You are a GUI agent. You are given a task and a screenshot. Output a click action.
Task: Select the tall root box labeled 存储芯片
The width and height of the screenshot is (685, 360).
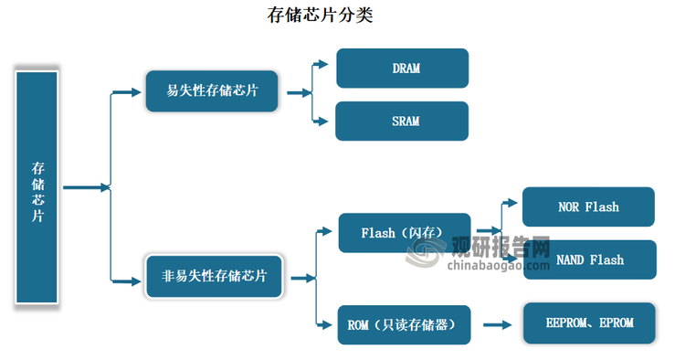click(37, 187)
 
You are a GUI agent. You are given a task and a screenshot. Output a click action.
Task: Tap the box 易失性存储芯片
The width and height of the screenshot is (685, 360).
click(212, 91)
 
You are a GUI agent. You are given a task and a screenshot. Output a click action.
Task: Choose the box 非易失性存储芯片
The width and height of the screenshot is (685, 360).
click(215, 276)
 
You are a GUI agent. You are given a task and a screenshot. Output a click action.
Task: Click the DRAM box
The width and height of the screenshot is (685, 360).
click(402, 69)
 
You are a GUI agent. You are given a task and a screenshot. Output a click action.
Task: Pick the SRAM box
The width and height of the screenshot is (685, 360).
click(402, 121)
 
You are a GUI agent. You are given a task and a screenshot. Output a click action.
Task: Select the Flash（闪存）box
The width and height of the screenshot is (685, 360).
click(404, 233)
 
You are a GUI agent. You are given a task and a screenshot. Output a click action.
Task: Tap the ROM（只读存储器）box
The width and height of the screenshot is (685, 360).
click(404, 323)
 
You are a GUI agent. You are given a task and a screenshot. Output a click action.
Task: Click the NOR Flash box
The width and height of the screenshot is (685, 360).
click(588, 206)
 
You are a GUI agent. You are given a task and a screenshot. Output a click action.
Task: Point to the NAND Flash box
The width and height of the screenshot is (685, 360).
click(589, 259)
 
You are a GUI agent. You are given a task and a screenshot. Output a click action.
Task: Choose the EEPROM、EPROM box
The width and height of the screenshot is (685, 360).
click(589, 323)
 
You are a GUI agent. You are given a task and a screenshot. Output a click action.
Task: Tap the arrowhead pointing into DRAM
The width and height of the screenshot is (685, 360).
click(324, 64)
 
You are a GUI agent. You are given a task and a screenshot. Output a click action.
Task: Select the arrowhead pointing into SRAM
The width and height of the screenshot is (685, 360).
click(324, 121)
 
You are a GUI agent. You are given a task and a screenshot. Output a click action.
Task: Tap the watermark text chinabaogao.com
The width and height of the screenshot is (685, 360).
click(495, 266)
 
